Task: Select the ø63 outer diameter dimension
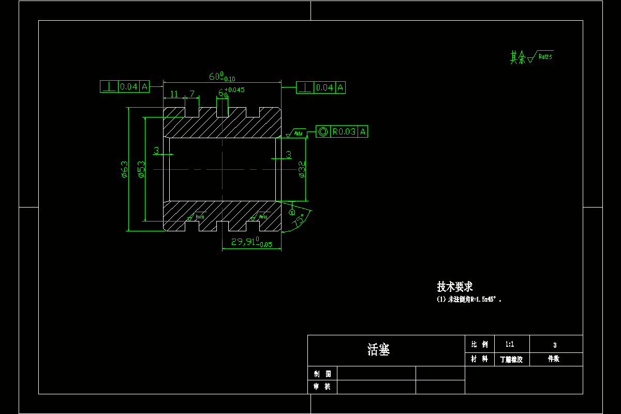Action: point(124,169)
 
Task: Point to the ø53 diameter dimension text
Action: point(141,169)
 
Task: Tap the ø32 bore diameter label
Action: point(301,169)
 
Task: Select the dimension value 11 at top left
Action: point(174,94)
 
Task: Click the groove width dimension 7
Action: point(192,94)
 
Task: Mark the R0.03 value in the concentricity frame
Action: point(344,132)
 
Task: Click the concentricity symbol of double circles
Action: point(323,132)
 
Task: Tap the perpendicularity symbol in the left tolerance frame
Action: point(109,87)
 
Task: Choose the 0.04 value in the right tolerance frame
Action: point(325,88)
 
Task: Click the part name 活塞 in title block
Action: point(378,350)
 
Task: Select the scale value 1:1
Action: point(509,344)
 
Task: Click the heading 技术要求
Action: point(455,287)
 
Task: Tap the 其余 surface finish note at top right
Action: point(518,57)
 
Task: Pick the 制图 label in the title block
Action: point(322,373)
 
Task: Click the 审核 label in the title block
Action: point(322,387)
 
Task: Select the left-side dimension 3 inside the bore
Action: point(156,151)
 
